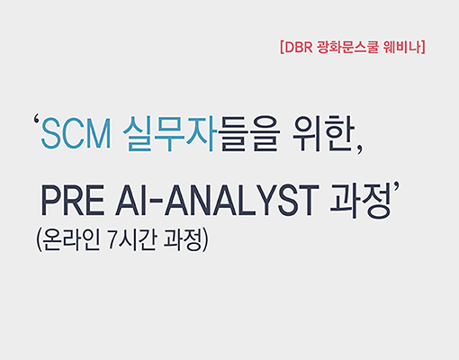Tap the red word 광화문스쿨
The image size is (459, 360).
(347, 48)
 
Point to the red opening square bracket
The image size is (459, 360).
(282, 48)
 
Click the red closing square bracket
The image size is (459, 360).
(423, 48)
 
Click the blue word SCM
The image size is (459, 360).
(76, 133)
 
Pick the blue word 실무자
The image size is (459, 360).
(170, 133)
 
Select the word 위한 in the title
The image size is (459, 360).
(323, 133)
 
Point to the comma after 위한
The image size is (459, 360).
(359, 149)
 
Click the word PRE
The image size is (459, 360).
(73, 201)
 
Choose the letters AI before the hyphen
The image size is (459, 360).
(127, 201)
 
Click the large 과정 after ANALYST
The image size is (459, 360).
(360, 201)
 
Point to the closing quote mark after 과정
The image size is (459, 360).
(397, 186)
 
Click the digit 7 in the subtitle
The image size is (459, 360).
(112, 241)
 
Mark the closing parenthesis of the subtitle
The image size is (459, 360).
(205, 240)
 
